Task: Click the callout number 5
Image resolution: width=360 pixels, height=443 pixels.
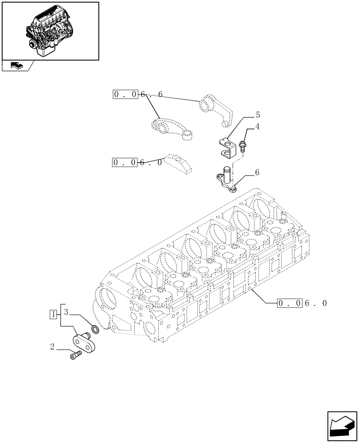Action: (257, 115)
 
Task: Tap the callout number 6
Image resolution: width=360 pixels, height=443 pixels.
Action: (257, 173)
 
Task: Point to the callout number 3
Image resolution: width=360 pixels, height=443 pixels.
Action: (66, 312)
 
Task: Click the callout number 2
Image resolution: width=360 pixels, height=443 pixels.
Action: (53, 347)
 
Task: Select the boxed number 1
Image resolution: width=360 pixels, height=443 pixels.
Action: (53, 315)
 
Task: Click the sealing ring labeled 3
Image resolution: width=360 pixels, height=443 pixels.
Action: (94, 329)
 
